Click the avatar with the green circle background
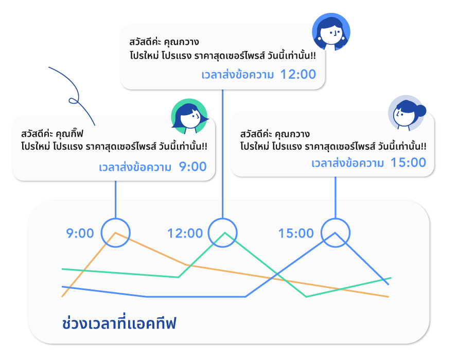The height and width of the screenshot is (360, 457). (189, 117)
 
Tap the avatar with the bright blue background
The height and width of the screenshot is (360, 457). (331, 32)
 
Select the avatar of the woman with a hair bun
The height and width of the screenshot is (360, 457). (407, 113)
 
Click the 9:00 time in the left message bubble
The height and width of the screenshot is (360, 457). (192, 167)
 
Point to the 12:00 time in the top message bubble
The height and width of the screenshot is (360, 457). (298, 74)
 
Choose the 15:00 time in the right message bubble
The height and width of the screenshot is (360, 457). (408, 163)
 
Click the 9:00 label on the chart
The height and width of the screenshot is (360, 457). (80, 233)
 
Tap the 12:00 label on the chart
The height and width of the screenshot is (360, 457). (185, 233)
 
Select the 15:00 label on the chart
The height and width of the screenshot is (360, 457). (296, 233)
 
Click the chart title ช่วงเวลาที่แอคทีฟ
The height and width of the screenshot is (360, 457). (119, 323)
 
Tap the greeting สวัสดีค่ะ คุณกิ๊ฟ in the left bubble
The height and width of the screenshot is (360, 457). (52, 134)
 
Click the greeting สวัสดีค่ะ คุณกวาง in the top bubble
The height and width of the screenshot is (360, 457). (164, 42)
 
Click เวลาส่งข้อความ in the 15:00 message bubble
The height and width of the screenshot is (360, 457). (347, 163)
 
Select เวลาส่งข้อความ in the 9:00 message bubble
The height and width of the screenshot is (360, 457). (135, 167)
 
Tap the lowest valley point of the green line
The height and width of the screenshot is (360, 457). (306, 297)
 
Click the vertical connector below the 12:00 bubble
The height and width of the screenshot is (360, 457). (223, 154)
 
